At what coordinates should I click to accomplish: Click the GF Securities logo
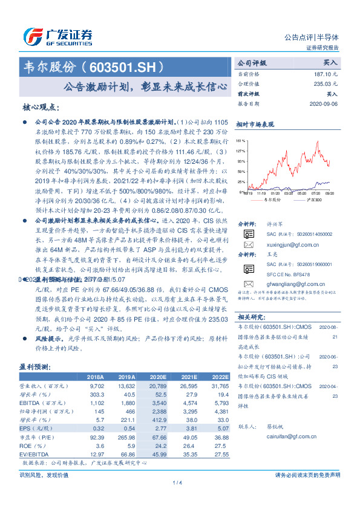(57, 36)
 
